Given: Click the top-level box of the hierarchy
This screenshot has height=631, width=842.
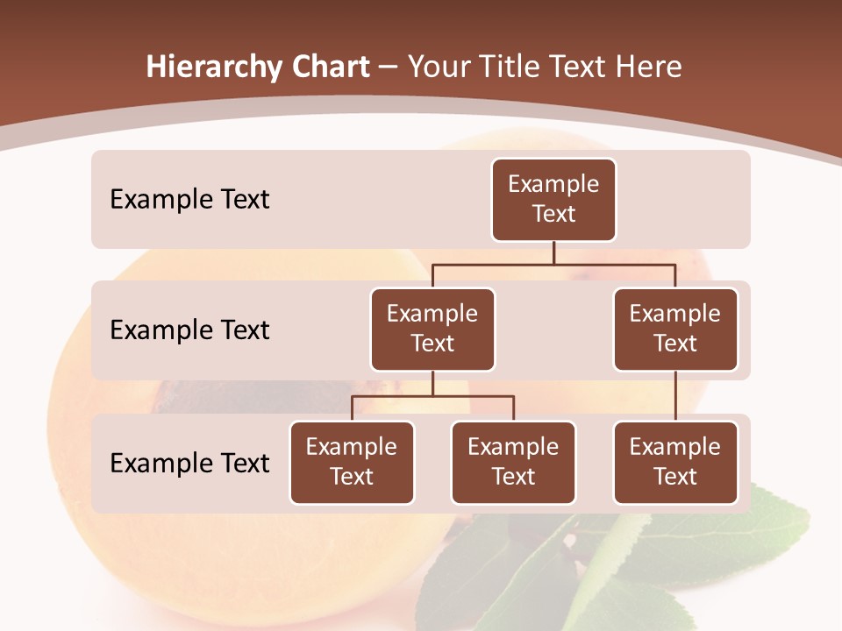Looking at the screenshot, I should tap(553, 199).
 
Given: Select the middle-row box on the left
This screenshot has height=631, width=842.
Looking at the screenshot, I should tap(432, 329).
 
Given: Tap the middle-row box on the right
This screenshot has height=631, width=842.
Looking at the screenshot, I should tap(675, 329).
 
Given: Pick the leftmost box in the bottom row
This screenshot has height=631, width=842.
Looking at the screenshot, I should tap(352, 462).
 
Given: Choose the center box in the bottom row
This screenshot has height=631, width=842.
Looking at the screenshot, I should tap(513, 462).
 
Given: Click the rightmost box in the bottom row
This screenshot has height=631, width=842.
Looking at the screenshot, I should tap(675, 462).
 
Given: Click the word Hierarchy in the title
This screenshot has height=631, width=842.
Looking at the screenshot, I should tap(214, 67).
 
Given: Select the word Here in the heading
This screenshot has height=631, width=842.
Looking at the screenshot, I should tap(650, 67).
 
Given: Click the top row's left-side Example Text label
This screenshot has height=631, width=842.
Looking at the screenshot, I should tap(189, 199).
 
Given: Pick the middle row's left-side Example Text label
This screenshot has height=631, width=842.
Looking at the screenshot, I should tap(189, 330).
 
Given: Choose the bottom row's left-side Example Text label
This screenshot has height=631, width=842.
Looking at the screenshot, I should tap(189, 462).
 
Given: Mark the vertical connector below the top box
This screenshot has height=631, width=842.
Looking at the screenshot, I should tap(553, 252).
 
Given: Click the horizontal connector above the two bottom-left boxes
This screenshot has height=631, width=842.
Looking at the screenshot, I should tap(432, 396).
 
